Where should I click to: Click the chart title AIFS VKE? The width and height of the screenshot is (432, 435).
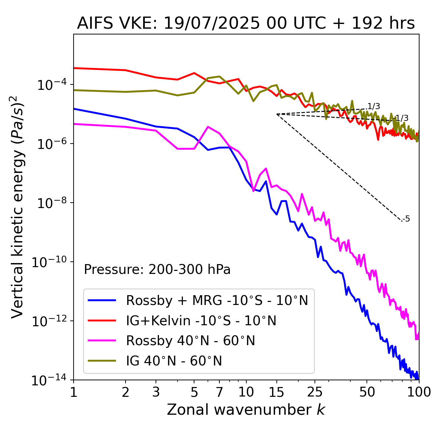(246, 23)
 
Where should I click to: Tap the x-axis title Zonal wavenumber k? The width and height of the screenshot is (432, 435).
(246, 409)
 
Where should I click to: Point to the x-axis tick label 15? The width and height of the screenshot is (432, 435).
(276, 392)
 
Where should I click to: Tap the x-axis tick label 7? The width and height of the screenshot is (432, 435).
(219, 392)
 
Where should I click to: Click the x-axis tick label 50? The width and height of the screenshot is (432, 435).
(367, 392)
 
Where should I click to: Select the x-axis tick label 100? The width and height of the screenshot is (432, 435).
(418, 392)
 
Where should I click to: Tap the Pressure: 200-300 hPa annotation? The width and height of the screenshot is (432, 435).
(157, 270)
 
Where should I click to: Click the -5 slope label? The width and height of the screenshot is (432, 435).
(406, 219)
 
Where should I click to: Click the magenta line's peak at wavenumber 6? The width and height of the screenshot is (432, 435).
(208, 127)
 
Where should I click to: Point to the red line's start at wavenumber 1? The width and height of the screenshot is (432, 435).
(74, 68)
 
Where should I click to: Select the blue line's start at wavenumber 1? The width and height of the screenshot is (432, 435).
(74, 109)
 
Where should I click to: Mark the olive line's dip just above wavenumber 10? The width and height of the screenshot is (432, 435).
(253, 101)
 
